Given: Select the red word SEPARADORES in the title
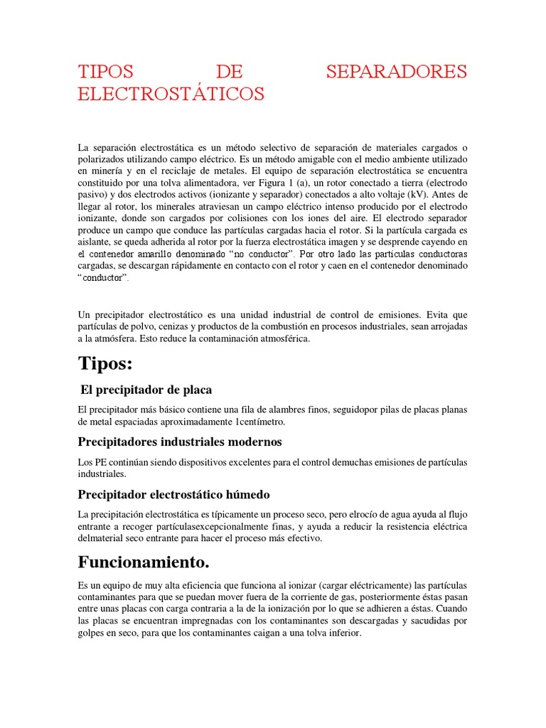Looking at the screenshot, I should [x=397, y=72].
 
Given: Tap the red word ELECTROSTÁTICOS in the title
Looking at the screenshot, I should [x=171, y=94].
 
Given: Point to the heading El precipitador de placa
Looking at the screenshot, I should [x=146, y=390].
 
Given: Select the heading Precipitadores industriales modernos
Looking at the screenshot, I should [x=180, y=441].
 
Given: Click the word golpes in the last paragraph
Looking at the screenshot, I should [x=93, y=631].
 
